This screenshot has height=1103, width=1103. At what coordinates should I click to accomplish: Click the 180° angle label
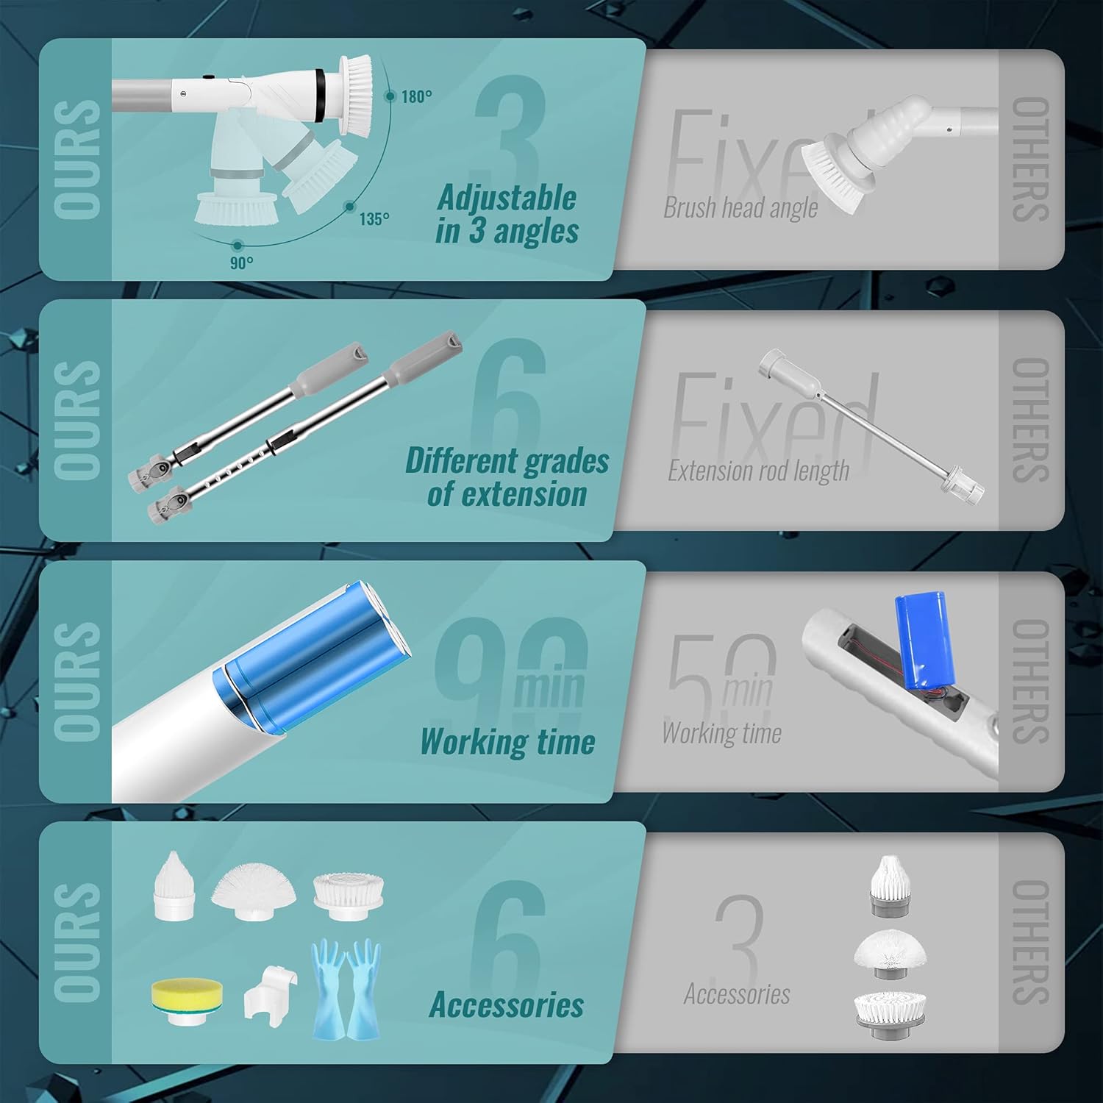(x=416, y=96)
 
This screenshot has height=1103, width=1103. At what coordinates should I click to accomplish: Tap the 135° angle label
(x=374, y=219)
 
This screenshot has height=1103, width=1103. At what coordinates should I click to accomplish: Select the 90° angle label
(x=242, y=263)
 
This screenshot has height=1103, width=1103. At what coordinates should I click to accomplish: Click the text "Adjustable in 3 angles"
(x=507, y=214)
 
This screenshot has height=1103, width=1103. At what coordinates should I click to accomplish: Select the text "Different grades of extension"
(x=507, y=477)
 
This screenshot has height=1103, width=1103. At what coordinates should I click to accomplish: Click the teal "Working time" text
(x=507, y=740)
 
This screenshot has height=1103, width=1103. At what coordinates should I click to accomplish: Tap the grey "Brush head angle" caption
(x=740, y=208)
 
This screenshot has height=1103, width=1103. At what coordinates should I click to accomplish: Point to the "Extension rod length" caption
(x=758, y=471)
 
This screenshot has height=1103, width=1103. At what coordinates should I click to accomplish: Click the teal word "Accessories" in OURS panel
(x=506, y=1004)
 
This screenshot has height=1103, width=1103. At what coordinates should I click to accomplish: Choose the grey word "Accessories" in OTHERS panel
(x=737, y=994)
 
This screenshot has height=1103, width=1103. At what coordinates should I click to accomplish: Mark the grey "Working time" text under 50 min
(x=721, y=733)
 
